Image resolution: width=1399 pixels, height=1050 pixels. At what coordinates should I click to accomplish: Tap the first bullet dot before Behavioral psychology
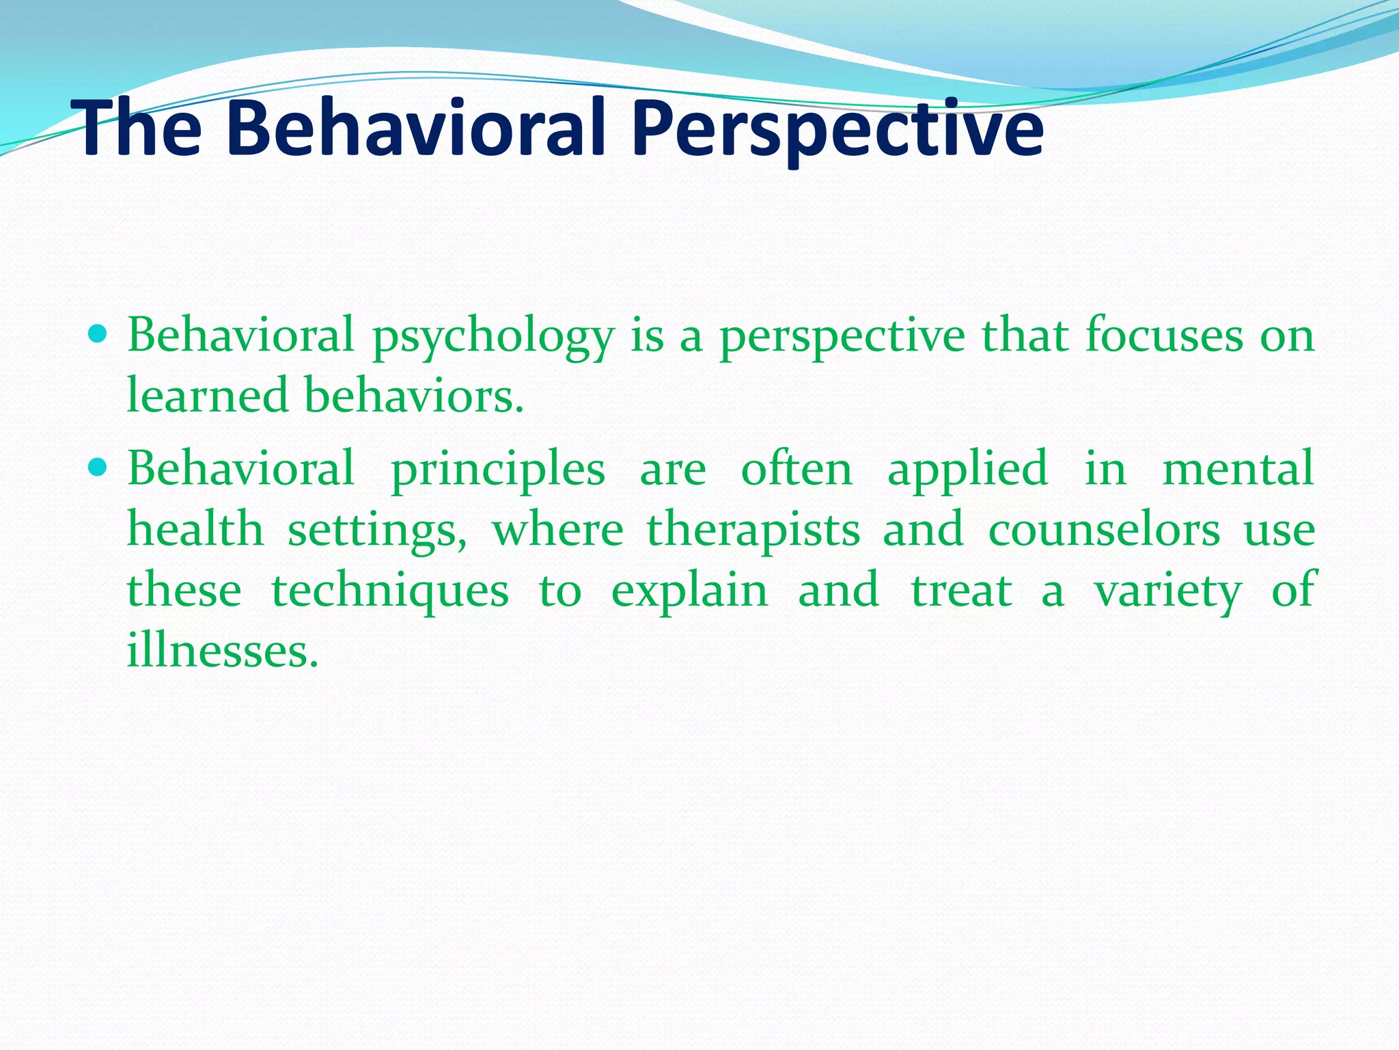(x=98, y=335)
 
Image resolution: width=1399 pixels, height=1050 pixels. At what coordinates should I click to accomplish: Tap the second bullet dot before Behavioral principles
(x=98, y=468)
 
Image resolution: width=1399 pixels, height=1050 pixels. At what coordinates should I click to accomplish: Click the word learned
(x=208, y=396)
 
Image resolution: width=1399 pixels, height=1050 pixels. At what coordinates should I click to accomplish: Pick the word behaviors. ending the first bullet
(x=414, y=396)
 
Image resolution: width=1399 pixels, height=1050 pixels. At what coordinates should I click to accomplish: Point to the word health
(x=195, y=529)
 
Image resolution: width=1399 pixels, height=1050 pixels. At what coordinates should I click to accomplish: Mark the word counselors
(x=1104, y=529)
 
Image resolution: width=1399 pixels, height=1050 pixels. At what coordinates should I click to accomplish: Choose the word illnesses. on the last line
(x=223, y=649)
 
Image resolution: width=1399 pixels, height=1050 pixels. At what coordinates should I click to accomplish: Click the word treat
(x=960, y=590)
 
